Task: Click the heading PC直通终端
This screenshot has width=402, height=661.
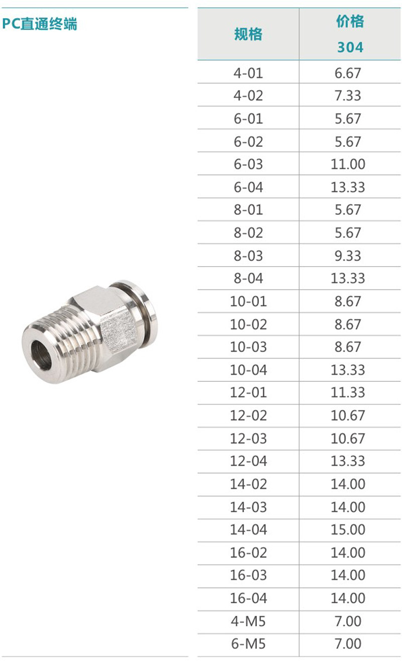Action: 40,24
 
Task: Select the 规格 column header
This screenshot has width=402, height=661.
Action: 248,34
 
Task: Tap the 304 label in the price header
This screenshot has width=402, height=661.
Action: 350,47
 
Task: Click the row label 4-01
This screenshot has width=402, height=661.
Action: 248,73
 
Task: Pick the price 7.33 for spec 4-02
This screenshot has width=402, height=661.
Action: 348,96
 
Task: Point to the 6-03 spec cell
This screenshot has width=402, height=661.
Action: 248,164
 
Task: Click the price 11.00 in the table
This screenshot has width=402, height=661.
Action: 348,164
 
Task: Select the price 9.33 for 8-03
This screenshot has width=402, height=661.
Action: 348,256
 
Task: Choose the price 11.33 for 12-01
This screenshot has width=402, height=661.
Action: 348,393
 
